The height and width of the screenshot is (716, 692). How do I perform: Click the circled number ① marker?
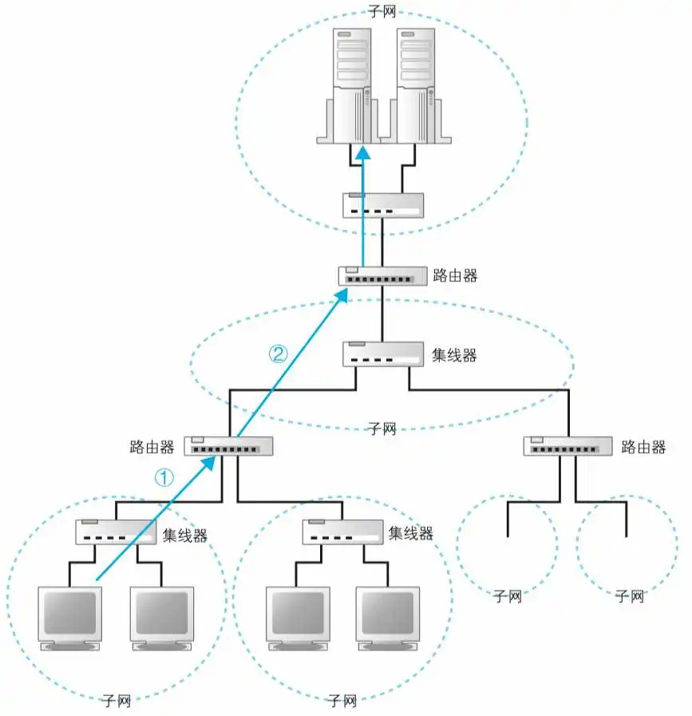163,477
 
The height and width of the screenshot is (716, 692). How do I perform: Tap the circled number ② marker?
277,354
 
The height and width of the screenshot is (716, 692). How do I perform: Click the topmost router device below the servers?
382,276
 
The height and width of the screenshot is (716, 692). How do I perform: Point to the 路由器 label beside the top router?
455,276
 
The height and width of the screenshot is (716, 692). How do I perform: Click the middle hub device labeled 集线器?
382,354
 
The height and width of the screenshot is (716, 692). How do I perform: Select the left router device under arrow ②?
229,446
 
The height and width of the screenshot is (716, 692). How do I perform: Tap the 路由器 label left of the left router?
152,446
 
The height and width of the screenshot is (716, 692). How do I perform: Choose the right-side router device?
567,446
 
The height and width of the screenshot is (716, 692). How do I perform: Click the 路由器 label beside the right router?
643,446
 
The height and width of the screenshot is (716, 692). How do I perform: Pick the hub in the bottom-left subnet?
115,532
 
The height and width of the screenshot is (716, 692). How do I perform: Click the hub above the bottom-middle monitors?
342,532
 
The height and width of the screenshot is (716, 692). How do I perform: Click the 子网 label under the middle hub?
382,429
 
